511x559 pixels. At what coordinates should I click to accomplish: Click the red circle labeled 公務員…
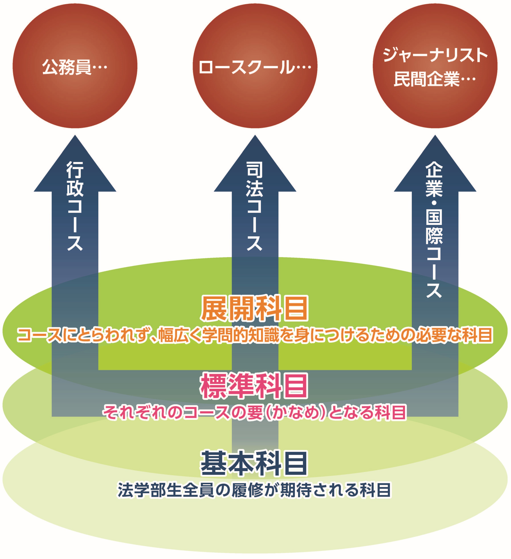click(x=75, y=66)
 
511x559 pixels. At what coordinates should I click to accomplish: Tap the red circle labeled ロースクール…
click(x=255, y=66)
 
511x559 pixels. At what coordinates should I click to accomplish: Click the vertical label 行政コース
click(x=75, y=206)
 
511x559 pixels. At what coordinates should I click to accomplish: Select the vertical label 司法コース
click(x=255, y=206)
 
